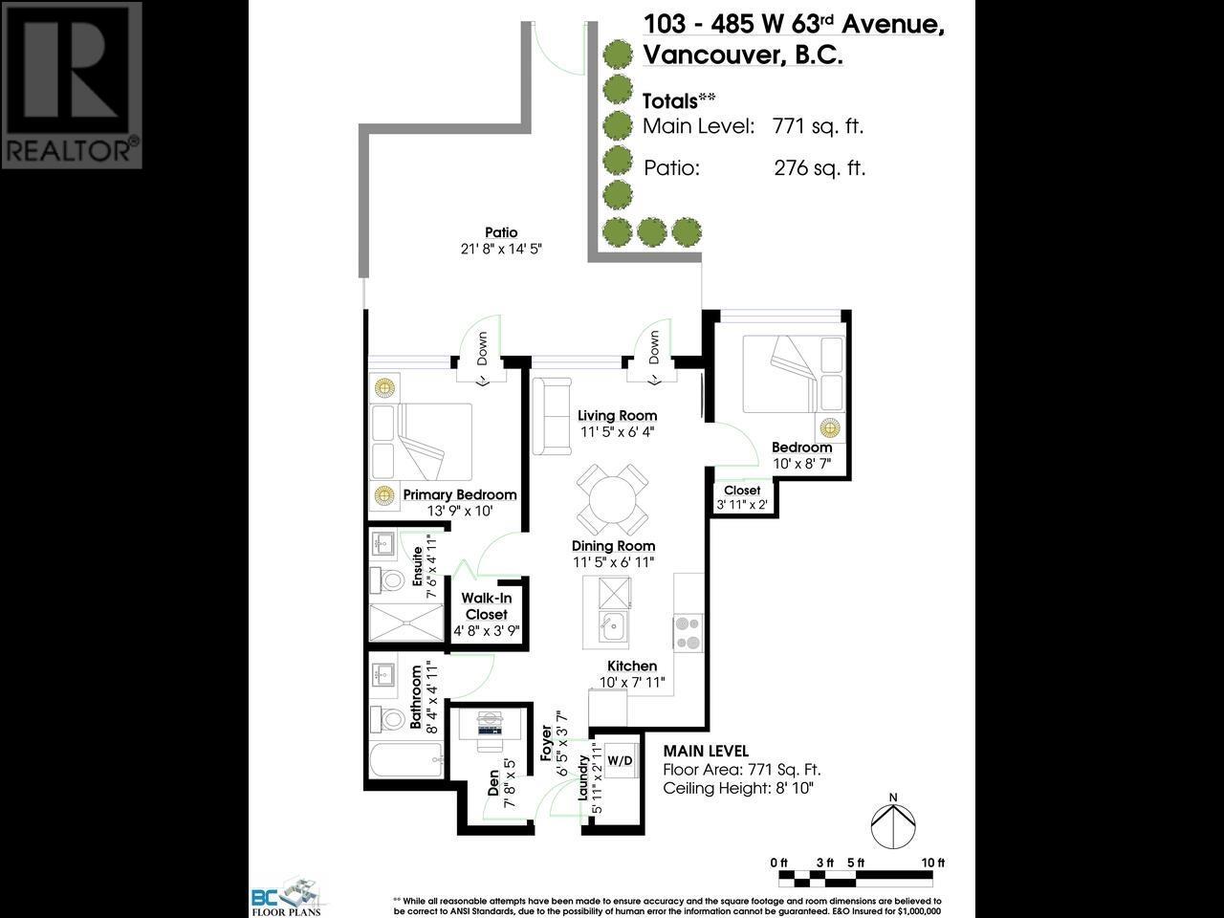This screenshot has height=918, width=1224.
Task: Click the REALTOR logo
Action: coord(72,85)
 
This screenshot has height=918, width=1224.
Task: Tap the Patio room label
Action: coord(501,232)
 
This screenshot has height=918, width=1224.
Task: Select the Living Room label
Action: coord(617,415)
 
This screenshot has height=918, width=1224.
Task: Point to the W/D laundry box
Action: coord(620,760)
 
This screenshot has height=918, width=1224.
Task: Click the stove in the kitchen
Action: coord(688,631)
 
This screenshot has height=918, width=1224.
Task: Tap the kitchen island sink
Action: coord(611,627)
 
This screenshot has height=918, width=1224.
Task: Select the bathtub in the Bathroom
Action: coord(406,762)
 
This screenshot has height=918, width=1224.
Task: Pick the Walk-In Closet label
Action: coord(486,606)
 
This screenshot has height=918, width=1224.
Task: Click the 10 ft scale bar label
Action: coord(932,863)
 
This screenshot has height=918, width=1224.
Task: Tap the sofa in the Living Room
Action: coord(552,416)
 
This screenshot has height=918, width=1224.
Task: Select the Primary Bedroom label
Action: coord(460,494)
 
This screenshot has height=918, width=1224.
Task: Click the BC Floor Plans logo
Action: coord(286,896)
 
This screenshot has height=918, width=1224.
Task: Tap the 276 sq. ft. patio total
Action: coord(820,168)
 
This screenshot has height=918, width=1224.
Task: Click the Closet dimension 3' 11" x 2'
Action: coord(742,506)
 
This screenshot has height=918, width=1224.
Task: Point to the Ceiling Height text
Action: coord(738,788)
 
